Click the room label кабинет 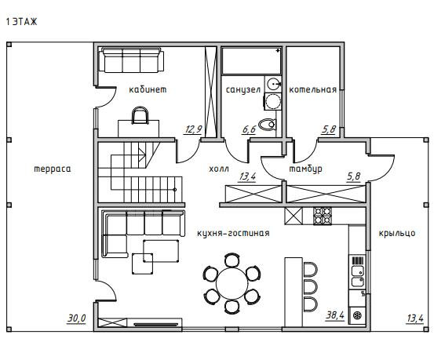(x=148, y=89)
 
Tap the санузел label (x=243, y=90)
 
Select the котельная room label (x=313, y=89)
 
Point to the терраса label (x=53, y=169)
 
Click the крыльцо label (x=397, y=233)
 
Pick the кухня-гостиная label (x=233, y=233)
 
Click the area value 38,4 (x=335, y=315)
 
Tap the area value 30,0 (x=77, y=318)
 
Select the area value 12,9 (x=194, y=129)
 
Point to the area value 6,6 (x=249, y=129)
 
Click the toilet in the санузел (x=268, y=125)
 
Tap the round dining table (x=232, y=283)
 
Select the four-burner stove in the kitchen (x=323, y=216)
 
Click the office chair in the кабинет (x=140, y=115)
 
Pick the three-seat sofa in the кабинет (x=132, y=60)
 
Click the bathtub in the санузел (x=252, y=61)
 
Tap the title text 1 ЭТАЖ (x=22, y=22)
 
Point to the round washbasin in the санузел (x=273, y=84)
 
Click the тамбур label (x=305, y=169)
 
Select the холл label (x=219, y=169)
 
